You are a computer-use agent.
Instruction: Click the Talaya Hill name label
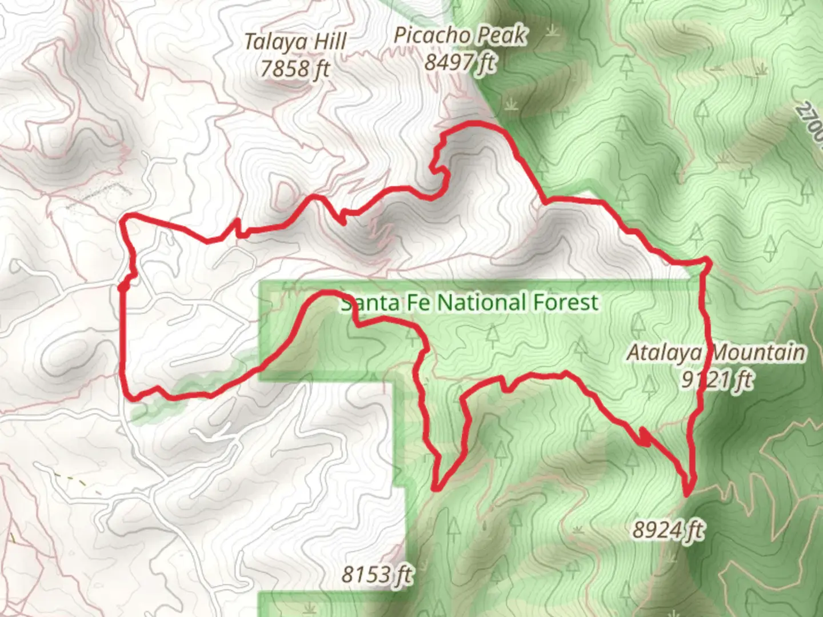coord(295,42)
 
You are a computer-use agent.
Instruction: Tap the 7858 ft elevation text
coord(295,69)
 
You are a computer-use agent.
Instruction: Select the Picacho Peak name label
coord(460,36)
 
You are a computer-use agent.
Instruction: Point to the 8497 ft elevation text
coord(460,61)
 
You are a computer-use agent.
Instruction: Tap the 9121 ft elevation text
coord(717,379)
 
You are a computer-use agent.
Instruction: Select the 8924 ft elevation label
coord(668,530)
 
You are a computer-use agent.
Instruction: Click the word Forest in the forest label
coord(566,302)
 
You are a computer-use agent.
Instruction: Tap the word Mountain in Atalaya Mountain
coord(758,352)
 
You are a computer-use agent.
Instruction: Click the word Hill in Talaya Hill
coord(328,42)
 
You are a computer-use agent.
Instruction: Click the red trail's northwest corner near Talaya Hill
coord(127,217)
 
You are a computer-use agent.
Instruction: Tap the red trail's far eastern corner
coord(708,261)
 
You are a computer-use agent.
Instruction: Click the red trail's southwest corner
coord(131,396)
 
